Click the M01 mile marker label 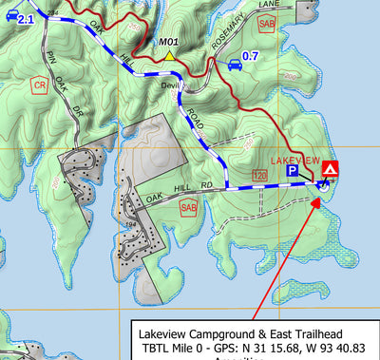[169, 42]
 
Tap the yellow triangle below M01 [169, 56]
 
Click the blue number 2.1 [26, 19]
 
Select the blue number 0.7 [251, 57]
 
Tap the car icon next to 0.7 [233, 64]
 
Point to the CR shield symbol [39, 85]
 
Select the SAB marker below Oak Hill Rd [188, 208]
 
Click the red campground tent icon [330, 168]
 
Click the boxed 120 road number [258, 175]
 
